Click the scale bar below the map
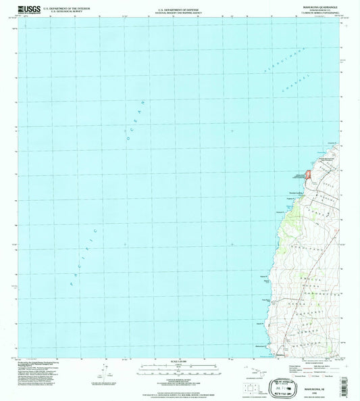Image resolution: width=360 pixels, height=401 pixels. tap(180, 369)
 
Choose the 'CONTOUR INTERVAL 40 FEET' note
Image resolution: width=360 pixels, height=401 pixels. tap(180, 379)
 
